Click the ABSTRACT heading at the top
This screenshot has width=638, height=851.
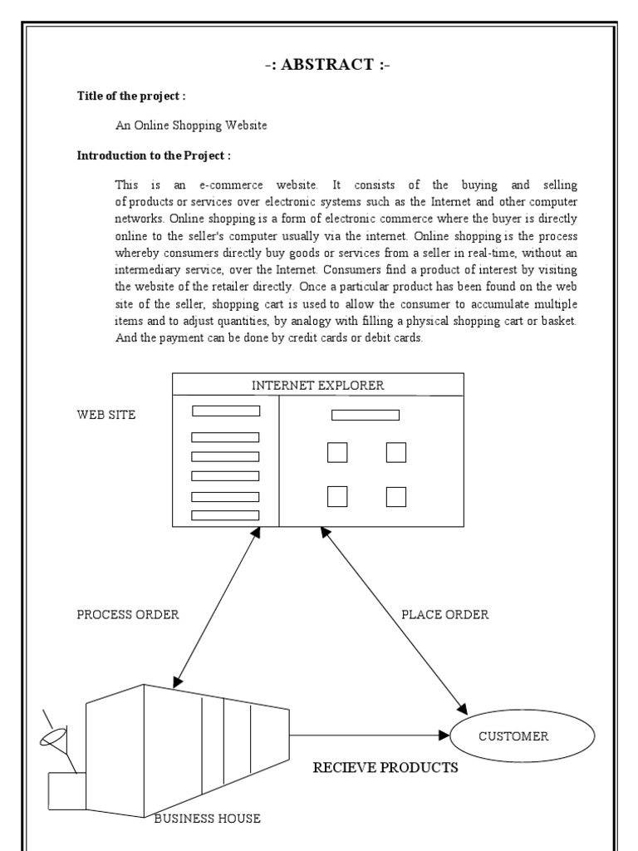tap(319, 65)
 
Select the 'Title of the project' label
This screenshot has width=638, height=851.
tap(131, 96)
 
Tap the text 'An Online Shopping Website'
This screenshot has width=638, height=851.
tap(191, 125)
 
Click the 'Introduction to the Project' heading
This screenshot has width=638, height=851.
tap(154, 155)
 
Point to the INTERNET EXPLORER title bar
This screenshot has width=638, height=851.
tap(317, 385)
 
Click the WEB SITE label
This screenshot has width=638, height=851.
tap(106, 415)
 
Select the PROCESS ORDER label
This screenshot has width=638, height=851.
tap(127, 615)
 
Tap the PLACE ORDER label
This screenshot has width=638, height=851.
tap(444, 615)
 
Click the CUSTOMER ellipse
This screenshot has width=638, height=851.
tap(523, 736)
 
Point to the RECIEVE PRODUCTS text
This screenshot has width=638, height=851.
tap(385, 767)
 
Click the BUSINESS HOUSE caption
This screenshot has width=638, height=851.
tap(208, 819)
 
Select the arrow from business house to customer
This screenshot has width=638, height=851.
tap(366, 735)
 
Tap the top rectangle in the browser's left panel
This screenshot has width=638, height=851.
tap(226, 411)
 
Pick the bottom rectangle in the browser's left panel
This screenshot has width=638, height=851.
tap(225, 515)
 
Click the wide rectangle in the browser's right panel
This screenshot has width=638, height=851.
tap(366, 415)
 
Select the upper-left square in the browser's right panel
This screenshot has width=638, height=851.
tap(337, 453)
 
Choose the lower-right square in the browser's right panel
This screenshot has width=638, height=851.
tap(396, 497)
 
